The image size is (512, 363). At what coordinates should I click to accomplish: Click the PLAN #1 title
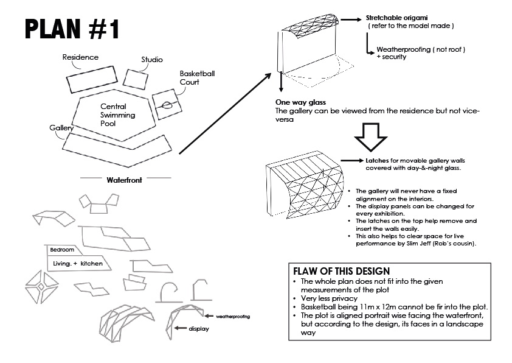tap(74, 30)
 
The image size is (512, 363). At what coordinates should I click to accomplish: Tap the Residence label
tap(80, 57)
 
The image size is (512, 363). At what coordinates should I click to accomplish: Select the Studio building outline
tap(136, 78)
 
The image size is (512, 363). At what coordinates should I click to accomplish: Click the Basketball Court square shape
tap(165, 104)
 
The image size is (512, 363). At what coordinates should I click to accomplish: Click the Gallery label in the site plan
tap(62, 128)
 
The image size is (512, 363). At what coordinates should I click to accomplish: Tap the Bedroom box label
tap(63, 250)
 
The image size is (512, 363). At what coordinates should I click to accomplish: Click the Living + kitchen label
tap(78, 264)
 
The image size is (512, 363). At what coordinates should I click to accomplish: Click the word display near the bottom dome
tap(199, 328)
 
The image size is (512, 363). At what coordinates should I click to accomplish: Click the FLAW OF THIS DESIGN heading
tap(341, 270)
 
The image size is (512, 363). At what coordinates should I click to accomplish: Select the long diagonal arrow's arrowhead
tap(269, 75)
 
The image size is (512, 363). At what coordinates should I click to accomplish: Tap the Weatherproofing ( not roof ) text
tap(421, 49)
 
